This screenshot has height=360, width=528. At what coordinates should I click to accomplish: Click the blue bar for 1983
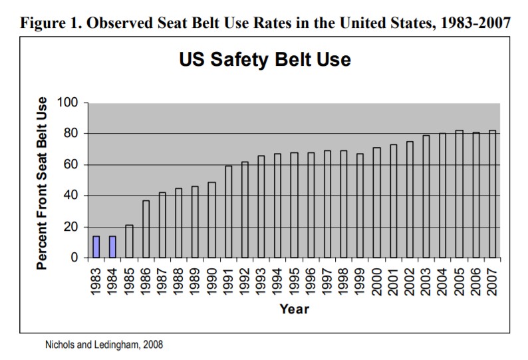(96, 246)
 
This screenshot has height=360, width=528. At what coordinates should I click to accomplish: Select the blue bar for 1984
(113, 246)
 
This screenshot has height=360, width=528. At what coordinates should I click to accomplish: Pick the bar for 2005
(459, 194)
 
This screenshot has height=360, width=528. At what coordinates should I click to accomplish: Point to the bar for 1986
(146, 229)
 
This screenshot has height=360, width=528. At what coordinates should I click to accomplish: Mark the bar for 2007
(492, 194)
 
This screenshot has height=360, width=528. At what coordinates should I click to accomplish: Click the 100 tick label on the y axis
(68, 103)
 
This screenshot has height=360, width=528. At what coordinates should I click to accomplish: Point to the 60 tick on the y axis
(72, 165)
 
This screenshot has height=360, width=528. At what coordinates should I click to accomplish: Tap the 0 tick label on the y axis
(75, 258)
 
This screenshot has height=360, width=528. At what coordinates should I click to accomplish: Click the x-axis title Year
(294, 309)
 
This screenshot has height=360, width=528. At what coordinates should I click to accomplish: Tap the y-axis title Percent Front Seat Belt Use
(42, 183)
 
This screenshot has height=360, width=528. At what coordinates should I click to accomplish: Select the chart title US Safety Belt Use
(265, 61)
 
